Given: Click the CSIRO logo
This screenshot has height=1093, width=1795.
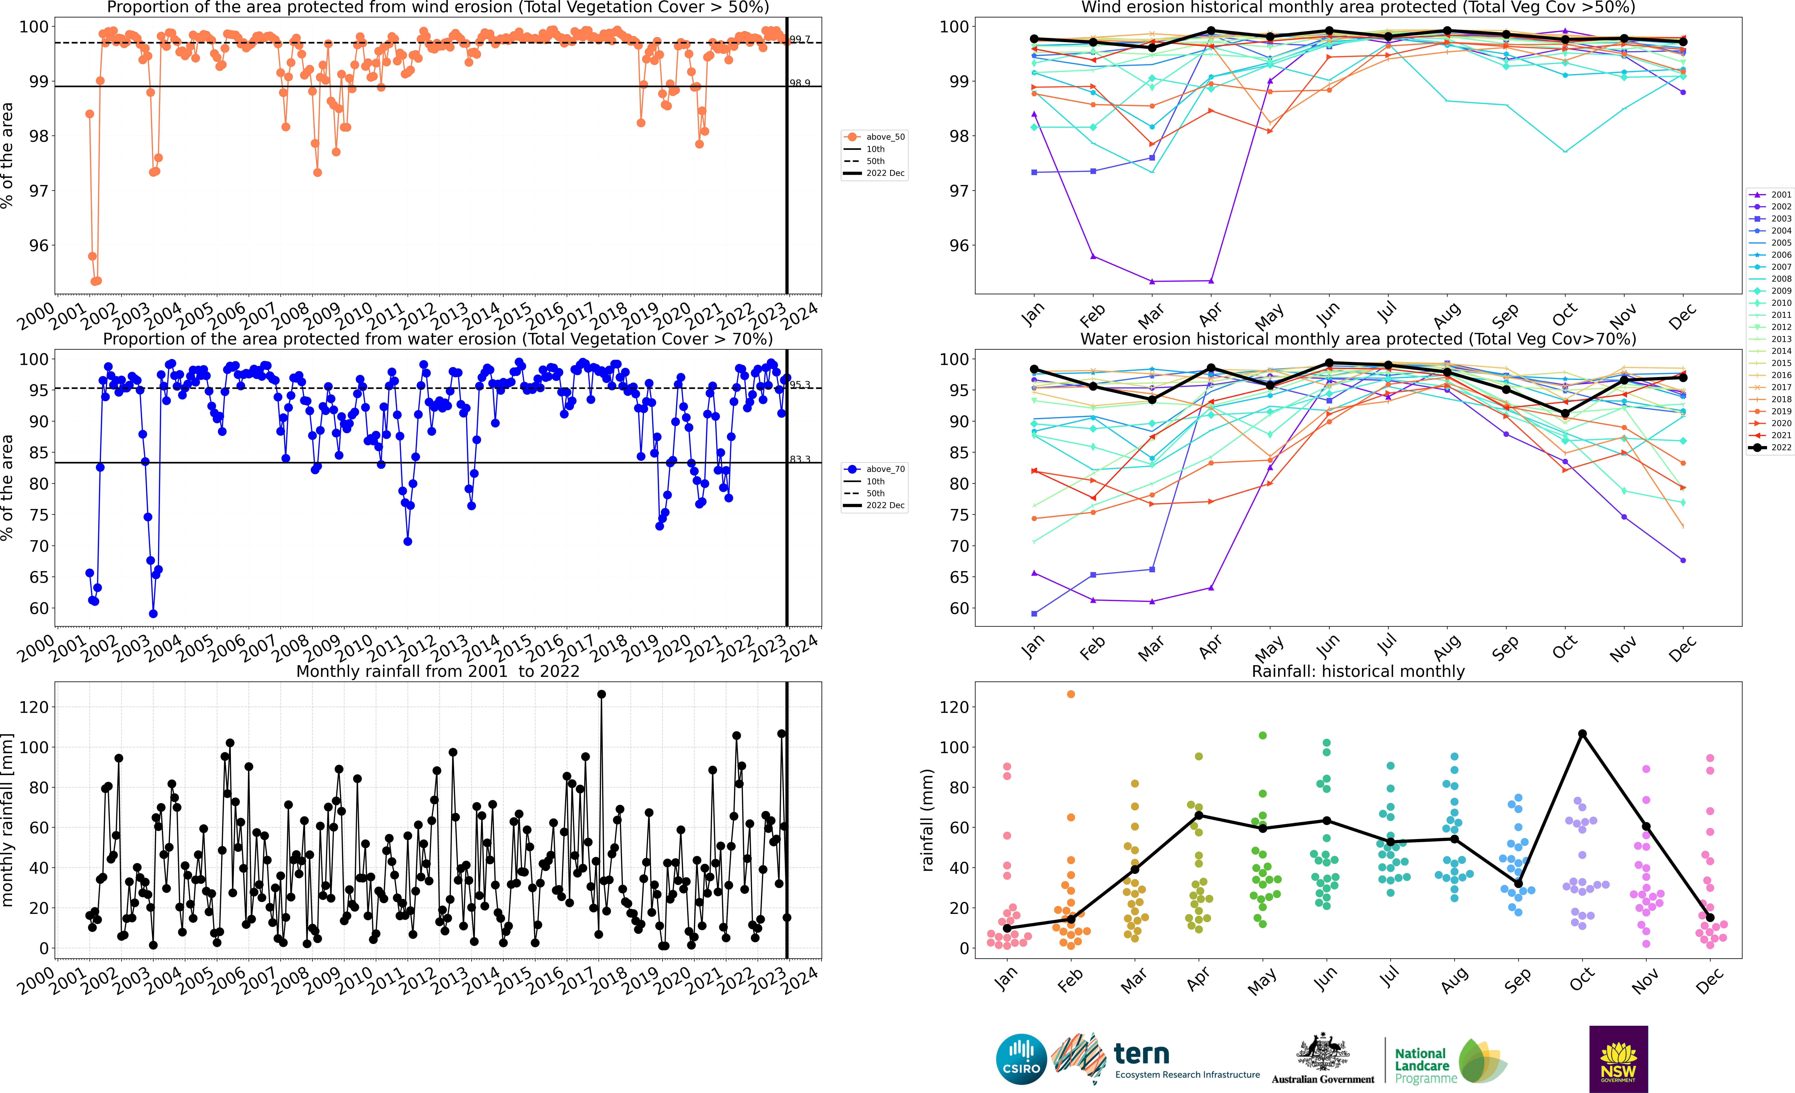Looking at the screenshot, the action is [x=1021, y=1059].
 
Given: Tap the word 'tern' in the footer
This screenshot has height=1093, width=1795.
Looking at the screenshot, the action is [x=1142, y=1054].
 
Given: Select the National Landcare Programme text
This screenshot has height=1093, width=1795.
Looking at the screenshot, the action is [x=1426, y=1065].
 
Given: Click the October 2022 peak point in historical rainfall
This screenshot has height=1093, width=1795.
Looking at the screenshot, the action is [x=1582, y=734].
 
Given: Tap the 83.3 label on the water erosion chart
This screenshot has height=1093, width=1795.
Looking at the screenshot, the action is [x=800, y=459].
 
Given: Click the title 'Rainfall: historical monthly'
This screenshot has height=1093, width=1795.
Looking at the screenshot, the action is [x=1358, y=671].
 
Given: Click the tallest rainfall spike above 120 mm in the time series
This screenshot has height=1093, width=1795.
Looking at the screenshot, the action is [x=601, y=695].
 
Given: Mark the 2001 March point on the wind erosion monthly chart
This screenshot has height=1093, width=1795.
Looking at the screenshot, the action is [x=1152, y=281].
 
